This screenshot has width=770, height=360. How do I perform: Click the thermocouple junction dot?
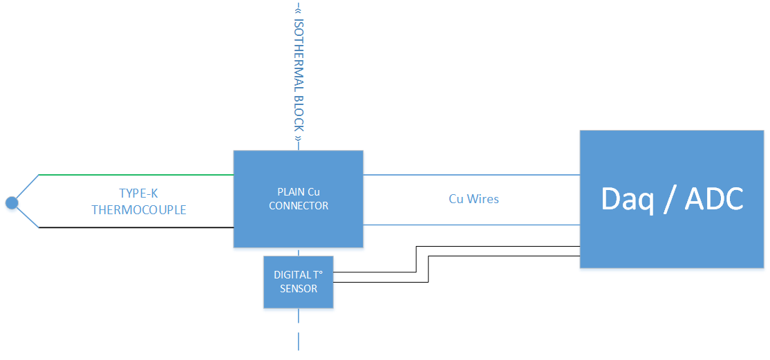pyautogui.click(x=11, y=202)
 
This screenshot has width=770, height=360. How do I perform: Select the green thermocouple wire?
pyautogui.click(x=138, y=175)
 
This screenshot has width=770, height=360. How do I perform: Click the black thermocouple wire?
pyautogui.click(x=138, y=227)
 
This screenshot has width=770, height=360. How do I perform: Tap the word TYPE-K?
pyautogui.click(x=139, y=194)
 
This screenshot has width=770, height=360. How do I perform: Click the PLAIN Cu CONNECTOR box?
pyautogui.click(x=298, y=221)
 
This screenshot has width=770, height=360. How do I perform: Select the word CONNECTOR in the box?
pyautogui.click(x=298, y=205)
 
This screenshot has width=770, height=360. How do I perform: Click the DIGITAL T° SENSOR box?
pyautogui.click(x=298, y=297)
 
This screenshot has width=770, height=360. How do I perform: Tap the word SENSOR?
pyautogui.click(x=298, y=288)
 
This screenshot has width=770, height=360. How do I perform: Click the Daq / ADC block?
pyautogui.click(x=671, y=235)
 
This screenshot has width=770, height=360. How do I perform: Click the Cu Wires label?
pyautogui.click(x=473, y=199)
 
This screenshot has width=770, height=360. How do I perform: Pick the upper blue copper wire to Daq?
pyautogui.click(x=470, y=175)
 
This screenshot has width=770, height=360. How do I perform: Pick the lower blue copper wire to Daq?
pyautogui.click(x=470, y=225)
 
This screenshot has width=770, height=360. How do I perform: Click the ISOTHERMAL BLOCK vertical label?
pyautogui.click(x=299, y=76)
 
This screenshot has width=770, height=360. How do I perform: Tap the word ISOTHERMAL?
pyautogui.click(x=299, y=55)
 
